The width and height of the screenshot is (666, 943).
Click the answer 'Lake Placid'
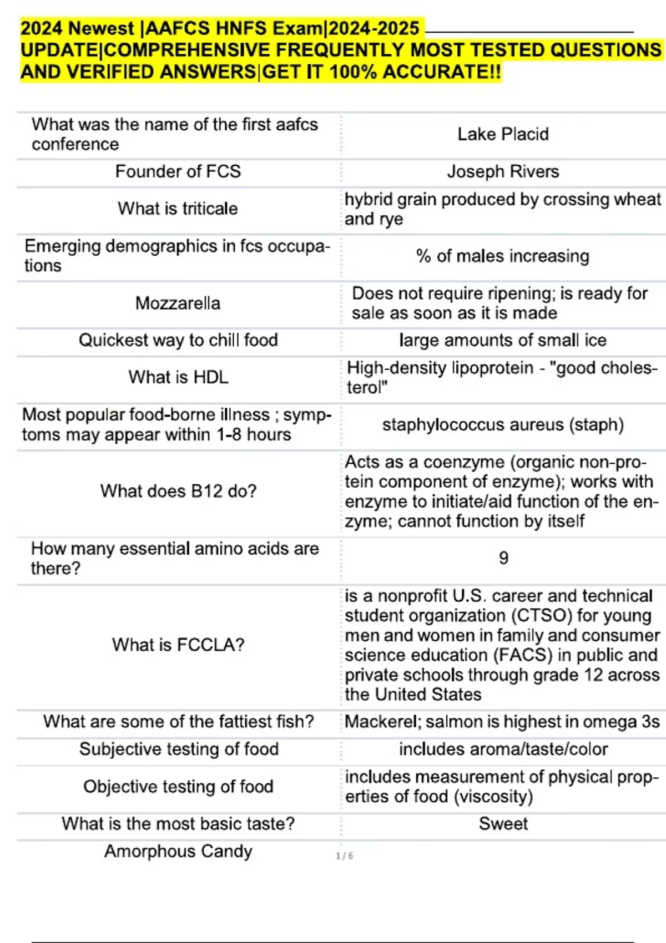pyautogui.click(x=503, y=134)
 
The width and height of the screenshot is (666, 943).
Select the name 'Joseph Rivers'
pyautogui.click(x=503, y=171)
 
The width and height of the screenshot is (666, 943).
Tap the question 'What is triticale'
pyautogui.click(x=178, y=209)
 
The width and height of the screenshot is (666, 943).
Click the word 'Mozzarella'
pyautogui.click(x=178, y=303)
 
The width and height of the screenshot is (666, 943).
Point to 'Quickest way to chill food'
pyautogui.click(x=178, y=340)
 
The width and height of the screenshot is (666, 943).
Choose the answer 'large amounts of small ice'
pyautogui.click(x=503, y=340)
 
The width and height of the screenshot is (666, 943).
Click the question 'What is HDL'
pyautogui.click(x=178, y=377)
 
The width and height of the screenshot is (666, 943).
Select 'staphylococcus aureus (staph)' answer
pyautogui.click(x=503, y=425)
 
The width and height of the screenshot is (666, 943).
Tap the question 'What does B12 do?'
pyautogui.click(x=178, y=491)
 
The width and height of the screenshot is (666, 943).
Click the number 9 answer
pyautogui.click(x=503, y=557)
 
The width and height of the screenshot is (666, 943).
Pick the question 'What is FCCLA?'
pyautogui.click(x=178, y=645)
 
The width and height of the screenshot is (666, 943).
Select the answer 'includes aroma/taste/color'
pyautogui.click(x=503, y=749)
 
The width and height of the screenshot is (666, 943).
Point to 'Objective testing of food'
pyautogui.click(x=178, y=787)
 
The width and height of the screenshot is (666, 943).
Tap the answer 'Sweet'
pyautogui.click(x=503, y=824)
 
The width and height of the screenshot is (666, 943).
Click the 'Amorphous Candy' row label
pyautogui.click(x=178, y=851)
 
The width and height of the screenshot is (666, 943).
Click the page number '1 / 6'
pyautogui.click(x=344, y=856)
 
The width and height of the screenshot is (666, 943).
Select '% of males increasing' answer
pyautogui.click(x=503, y=256)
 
